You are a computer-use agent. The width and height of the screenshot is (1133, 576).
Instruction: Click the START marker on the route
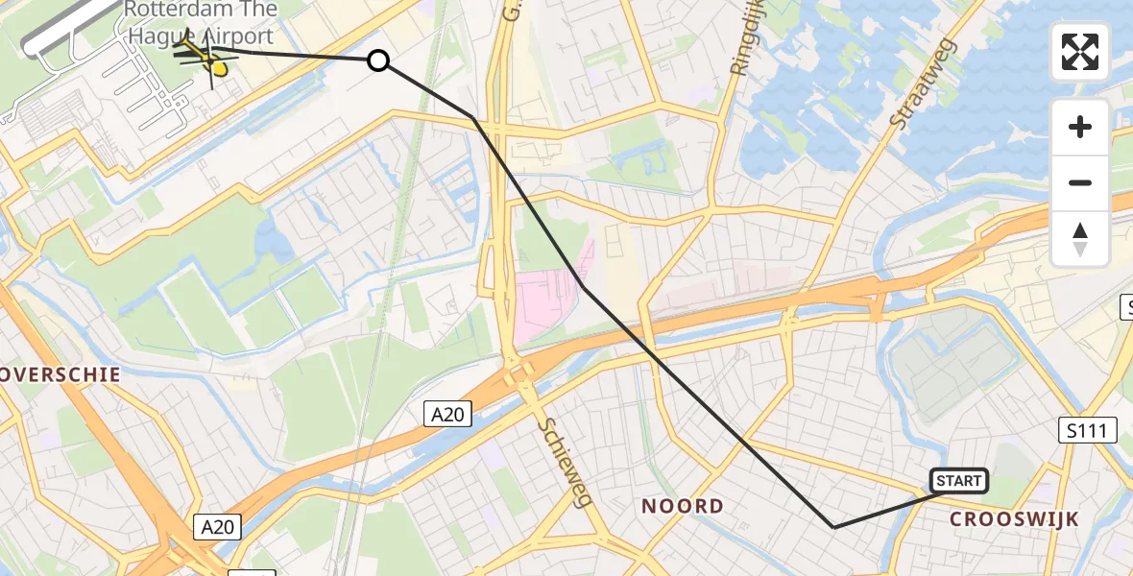tap(958, 481)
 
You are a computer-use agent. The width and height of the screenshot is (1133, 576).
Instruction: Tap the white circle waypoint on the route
tap(378, 61)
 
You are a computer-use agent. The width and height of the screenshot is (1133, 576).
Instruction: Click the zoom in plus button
tap(1080, 127)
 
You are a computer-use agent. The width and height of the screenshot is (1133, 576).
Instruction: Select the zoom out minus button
tap(1080, 182)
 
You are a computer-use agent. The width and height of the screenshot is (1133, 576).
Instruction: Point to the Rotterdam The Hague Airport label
tap(201, 23)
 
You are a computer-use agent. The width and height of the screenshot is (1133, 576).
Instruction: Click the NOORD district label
tap(683, 506)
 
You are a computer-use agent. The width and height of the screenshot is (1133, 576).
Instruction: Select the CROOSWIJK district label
tap(1014, 519)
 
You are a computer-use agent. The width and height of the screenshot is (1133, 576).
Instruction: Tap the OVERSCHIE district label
tap(60, 374)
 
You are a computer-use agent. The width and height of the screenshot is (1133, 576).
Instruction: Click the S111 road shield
tap(1089, 430)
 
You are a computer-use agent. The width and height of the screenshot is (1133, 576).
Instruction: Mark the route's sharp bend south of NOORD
tap(833, 527)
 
